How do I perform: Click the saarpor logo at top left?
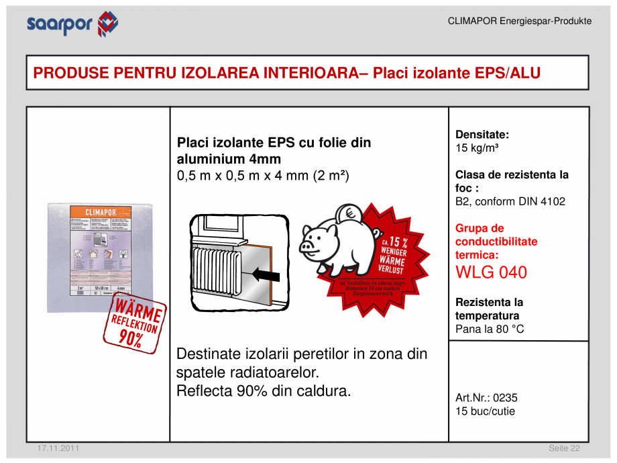[x=72, y=24]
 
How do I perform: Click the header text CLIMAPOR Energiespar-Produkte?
[x=519, y=21]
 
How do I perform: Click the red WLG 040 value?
[x=491, y=272]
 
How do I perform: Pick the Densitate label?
[x=482, y=134]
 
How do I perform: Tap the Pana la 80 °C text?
[x=490, y=329]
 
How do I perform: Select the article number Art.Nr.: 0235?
[x=486, y=398]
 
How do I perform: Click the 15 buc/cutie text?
[x=485, y=411]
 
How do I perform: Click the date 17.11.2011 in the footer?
[x=54, y=448]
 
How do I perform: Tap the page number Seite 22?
[x=564, y=448]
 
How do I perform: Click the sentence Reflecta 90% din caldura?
[x=264, y=391]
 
